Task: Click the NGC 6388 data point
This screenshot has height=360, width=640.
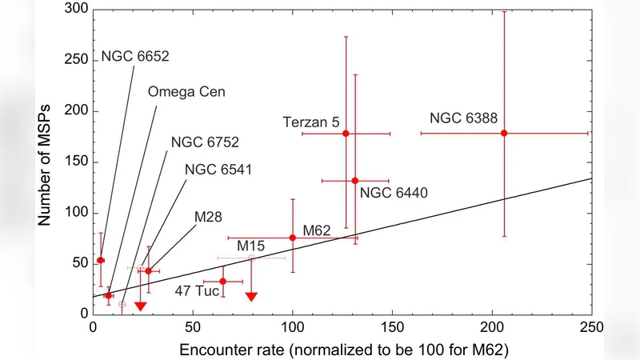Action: (504, 133)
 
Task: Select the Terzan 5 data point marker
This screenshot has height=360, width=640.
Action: (346, 134)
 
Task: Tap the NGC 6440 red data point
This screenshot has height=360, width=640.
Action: (355, 181)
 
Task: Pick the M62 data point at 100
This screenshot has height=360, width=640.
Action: (293, 238)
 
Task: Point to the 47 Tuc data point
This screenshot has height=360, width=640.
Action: (223, 282)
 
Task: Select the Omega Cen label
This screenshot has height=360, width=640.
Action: (186, 91)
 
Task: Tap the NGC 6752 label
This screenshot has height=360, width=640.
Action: (205, 142)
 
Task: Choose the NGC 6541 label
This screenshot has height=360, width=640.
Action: (218, 170)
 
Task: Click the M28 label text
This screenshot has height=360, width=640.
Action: (209, 217)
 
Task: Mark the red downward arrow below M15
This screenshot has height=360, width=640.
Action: (252, 297)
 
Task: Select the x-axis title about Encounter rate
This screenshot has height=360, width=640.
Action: (346, 350)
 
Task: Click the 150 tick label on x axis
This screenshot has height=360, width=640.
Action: (393, 327)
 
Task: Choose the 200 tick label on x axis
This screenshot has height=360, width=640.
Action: (492, 327)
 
